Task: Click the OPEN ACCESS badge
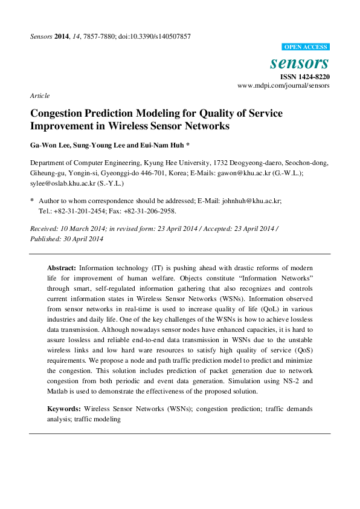(x=306, y=47)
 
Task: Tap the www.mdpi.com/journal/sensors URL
(x=284, y=86)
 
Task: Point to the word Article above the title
(x=39, y=96)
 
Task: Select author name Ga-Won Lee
(x=48, y=145)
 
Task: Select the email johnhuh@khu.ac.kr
(x=256, y=200)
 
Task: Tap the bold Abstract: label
(x=62, y=267)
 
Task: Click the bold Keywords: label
(x=64, y=409)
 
